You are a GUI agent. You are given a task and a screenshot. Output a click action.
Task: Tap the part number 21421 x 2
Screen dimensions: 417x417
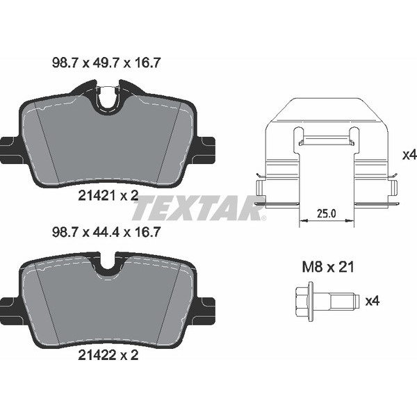108,197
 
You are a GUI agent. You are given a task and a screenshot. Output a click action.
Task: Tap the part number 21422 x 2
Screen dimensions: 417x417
108,354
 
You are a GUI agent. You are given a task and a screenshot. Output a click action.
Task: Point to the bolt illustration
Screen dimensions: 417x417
324,301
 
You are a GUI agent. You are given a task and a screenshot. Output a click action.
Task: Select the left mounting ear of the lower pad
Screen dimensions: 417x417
9,306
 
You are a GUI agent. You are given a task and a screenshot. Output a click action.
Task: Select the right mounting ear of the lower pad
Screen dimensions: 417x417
206,306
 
